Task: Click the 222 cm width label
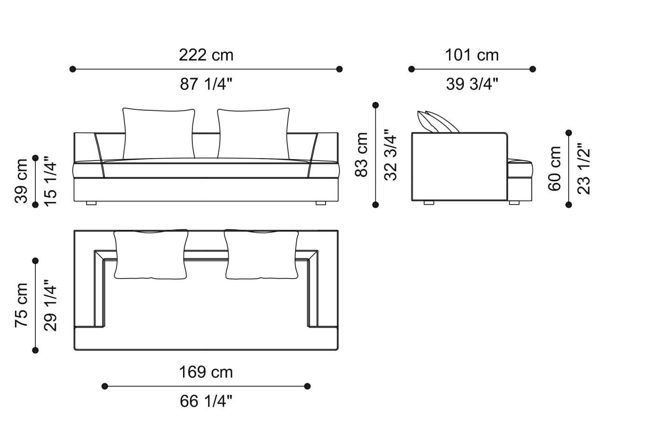[206, 55]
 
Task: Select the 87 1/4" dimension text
[206, 84]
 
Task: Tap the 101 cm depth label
[472, 55]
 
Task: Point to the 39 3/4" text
[472, 84]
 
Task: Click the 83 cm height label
[362, 154]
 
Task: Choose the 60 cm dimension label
[555, 168]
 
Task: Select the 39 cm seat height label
[21, 181]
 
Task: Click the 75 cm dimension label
[21, 305]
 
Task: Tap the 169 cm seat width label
[206, 372]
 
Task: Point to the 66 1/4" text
[206, 401]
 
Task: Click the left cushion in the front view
[159, 133]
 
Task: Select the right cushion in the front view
[253, 133]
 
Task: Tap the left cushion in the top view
[151, 255]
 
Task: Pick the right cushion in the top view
[261, 255]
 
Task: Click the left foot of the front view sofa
[91, 203]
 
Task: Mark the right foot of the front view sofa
[320, 203]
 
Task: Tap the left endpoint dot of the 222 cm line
[73, 69]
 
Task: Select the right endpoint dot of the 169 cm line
[307, 386]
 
